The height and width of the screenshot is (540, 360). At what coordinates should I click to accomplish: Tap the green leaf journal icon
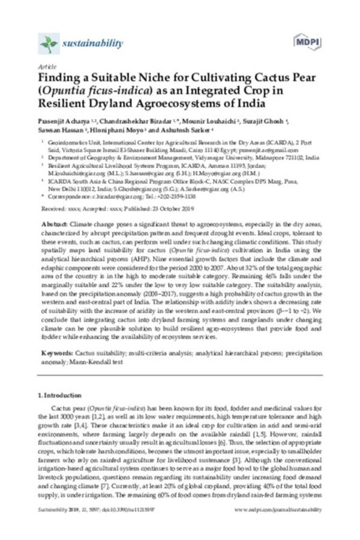click(x=48, y=44)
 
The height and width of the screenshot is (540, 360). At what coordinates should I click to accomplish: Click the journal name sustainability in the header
click(x=92, y=44)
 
